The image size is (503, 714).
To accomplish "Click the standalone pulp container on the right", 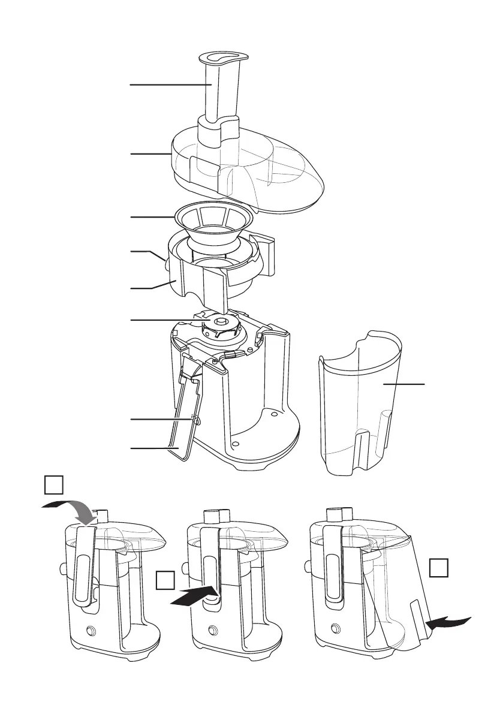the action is pos(360,408).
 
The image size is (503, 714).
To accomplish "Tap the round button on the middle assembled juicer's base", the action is pos(212,631).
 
